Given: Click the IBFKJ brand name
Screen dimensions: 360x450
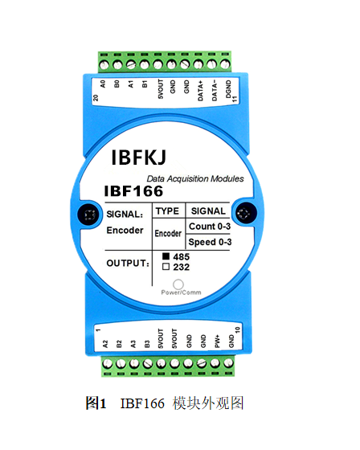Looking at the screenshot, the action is tap(139, 157).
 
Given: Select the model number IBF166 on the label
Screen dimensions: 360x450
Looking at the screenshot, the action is tap(133, 191).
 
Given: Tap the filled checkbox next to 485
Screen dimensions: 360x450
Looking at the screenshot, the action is tap(166, 256).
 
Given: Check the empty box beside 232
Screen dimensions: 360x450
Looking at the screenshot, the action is tap(166, 267).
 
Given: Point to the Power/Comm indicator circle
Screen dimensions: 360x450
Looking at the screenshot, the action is tap(178, 284).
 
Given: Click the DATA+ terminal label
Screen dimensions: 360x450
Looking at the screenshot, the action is tap(200, 90).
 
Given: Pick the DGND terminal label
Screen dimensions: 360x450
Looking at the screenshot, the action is tap(228, 89).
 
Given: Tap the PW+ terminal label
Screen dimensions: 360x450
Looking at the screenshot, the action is tap(217, 341).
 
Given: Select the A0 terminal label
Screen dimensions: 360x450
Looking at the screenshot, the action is tap(103, 84).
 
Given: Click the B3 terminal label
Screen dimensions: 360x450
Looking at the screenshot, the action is tap(147, 344).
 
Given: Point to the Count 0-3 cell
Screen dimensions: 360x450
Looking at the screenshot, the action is tap(210, 226).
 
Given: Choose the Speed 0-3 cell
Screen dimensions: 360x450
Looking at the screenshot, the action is tap(210, 242).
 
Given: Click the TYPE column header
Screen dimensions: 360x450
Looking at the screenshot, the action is tap(167, 211).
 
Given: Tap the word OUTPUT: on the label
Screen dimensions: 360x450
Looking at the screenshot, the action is tap(128, 264).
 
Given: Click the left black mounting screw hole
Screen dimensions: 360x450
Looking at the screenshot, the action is tap(88, 215).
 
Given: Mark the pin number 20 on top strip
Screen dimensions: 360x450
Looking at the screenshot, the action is tap(96, 97).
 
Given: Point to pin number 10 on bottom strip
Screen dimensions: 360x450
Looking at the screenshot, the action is tap(237, 329).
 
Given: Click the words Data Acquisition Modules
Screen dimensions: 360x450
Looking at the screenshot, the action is tap(195, 178).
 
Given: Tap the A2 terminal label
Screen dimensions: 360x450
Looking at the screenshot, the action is tap(105, 344).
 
